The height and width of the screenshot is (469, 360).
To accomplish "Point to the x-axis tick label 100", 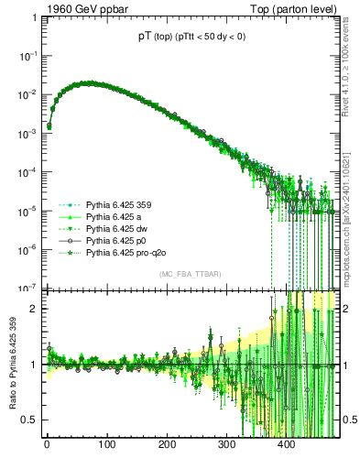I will tap(106, 444).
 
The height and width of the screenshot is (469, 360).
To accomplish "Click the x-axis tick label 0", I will tap(47, 444).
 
